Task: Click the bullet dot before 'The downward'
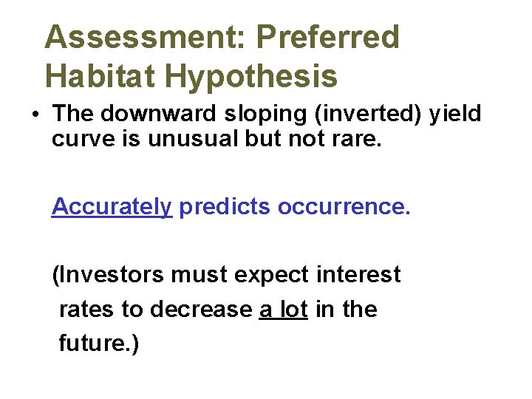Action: coord(35,115)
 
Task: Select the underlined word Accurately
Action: coord(112,208)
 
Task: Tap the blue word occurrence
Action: coord(343,208)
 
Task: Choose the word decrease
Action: coord(201,309)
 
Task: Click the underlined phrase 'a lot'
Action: coord(284,309)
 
